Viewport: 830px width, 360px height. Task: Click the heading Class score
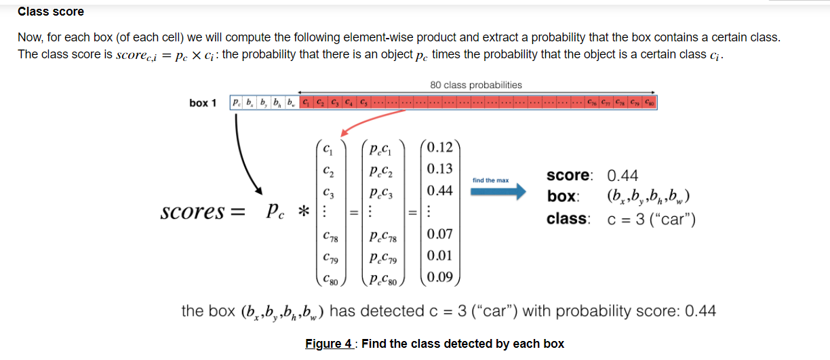[51, 12]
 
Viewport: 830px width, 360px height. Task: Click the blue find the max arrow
[498, 192]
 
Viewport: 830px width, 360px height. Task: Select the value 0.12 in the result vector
[441, 147]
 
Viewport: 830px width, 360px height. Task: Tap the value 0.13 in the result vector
[441, 169]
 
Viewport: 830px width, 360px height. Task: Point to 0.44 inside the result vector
[441, 191]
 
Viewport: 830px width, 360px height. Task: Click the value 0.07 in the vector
[441, 235]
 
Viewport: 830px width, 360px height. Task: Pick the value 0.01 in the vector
[441, 256]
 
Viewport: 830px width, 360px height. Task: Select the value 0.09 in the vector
[441, 277]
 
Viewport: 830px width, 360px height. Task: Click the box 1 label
[203, 103]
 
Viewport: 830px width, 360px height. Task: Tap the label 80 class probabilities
[476, 85]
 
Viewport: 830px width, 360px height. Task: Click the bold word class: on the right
[568, 219]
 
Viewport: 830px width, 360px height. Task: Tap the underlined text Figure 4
[330, 343]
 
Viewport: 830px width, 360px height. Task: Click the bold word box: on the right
[563, 197]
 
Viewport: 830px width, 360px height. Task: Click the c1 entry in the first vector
[329, 148]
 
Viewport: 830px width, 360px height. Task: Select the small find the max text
[490, 180]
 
